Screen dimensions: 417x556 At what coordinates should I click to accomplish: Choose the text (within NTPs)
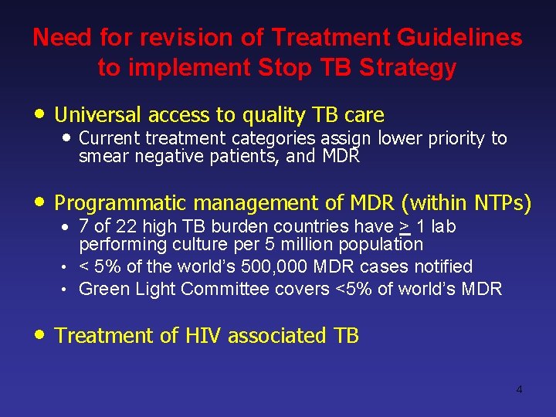[x=466, y=203]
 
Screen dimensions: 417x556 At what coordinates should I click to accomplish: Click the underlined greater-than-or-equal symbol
[x=404, y=227]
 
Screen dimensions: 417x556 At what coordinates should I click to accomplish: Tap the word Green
[x=102, y=289]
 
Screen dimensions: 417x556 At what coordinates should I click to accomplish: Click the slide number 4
[x=519, y=389]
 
